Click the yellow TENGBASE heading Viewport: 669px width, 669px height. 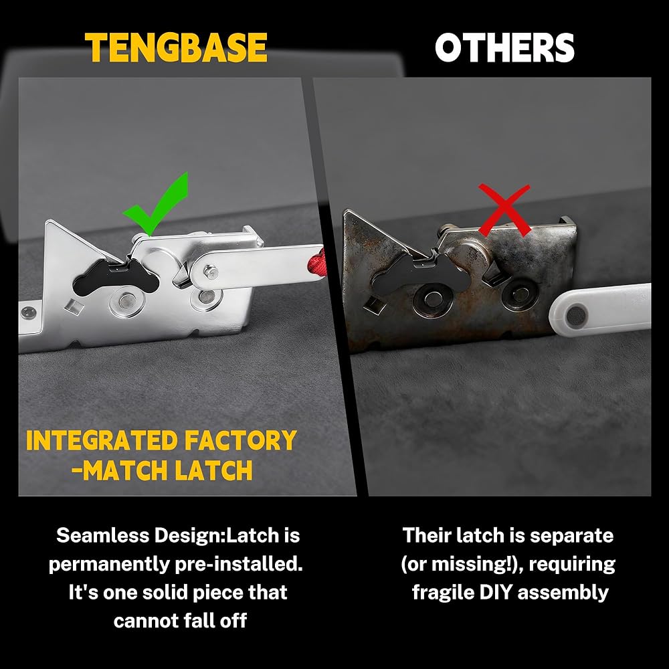click(x=176, y=47)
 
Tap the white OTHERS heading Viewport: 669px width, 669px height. click(x=504, y=47)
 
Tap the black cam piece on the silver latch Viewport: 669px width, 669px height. click(x=115, y=277)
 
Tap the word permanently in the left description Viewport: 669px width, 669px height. click(x=109, y=564)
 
